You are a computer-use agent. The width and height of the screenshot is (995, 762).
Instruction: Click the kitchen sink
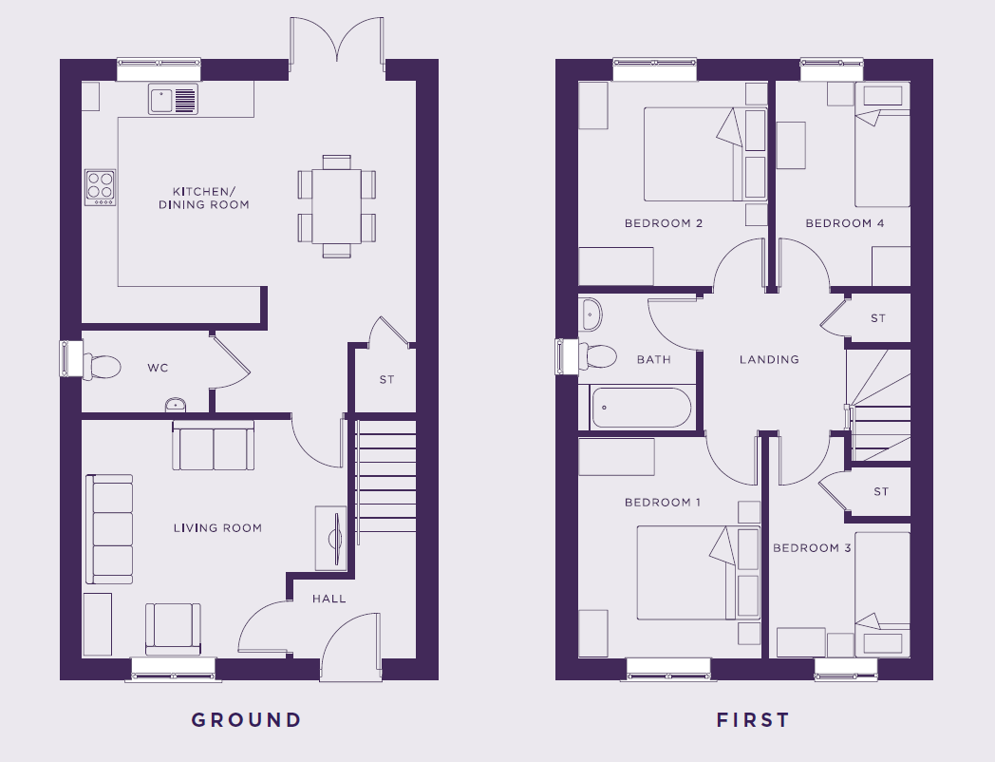(173, 100)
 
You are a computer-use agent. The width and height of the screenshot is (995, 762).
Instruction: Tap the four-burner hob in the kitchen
(101, 187)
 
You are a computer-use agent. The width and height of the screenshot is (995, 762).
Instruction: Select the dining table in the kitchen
(336, 206)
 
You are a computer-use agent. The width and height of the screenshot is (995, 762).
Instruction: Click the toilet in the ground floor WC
(102, 367)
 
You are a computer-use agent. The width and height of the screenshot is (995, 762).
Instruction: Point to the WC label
(158, 368)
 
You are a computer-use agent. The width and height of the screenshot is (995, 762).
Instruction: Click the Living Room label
(217, 527)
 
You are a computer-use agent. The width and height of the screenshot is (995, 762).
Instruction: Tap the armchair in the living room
(173, 629)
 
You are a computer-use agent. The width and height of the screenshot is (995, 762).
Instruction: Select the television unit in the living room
(331, 539)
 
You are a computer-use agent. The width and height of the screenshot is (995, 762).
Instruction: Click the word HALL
(329, 599)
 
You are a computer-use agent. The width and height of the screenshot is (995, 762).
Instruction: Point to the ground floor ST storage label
(386, 380)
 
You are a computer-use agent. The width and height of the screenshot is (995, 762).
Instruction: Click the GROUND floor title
(246, 719)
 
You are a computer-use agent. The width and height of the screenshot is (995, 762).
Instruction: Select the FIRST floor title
(753, 719)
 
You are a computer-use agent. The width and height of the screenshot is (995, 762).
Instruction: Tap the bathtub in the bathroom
(641, 408)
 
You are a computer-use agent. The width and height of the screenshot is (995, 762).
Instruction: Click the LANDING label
(769, 359)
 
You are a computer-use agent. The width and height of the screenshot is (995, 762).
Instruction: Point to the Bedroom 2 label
(663, 223)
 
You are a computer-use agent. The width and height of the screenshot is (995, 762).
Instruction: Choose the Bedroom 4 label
(845, 223)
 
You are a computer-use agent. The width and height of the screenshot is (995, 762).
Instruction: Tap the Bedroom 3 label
(812, 548)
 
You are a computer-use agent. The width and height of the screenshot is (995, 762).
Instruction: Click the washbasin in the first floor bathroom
(590, 314)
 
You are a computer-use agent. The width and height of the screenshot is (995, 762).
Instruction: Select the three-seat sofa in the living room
(109, 529)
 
